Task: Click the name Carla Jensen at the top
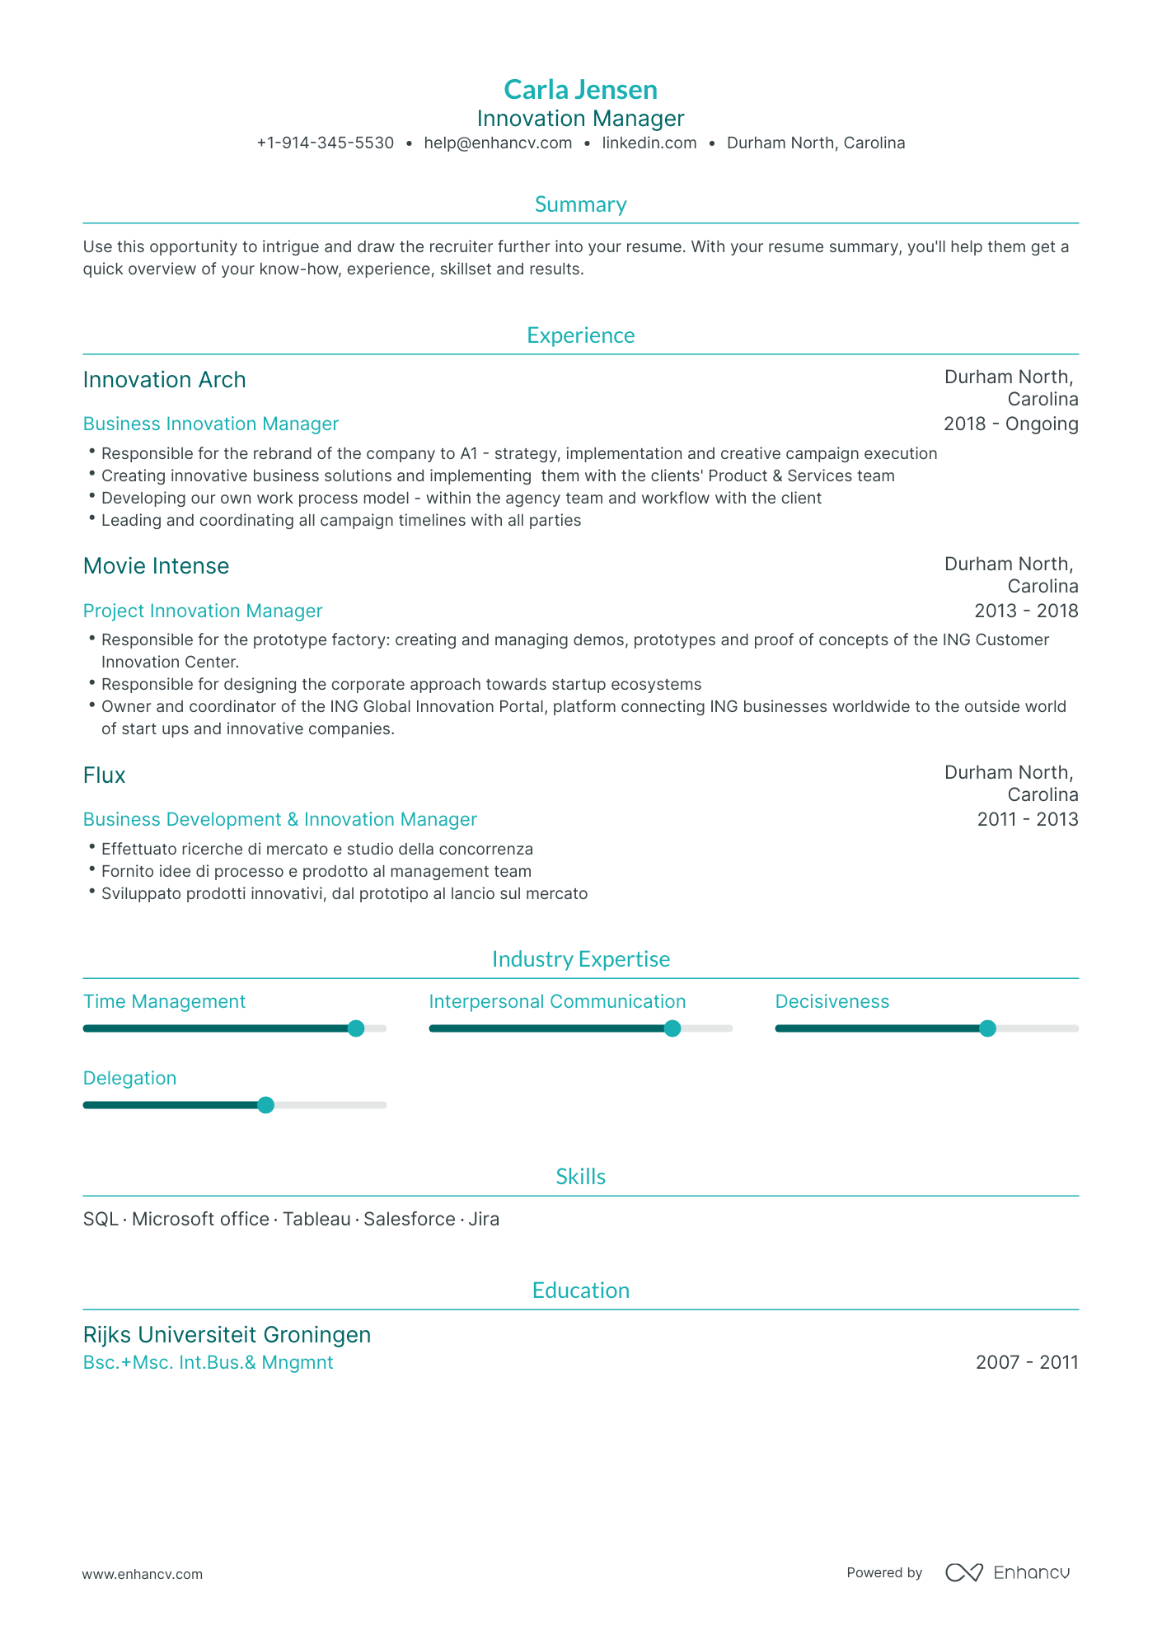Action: (x=580, y=89)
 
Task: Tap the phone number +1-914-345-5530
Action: (x=325, y=143)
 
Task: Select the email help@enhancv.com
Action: (x=498, y=143)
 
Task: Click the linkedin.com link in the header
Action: (x=649, y=143)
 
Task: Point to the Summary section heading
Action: (x=580, y=204)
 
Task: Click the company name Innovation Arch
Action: (x=164, y=380)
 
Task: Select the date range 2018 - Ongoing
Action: (x=1010, y=424)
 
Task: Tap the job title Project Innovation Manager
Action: (x=202, y=611)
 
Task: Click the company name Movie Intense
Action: (x=156, y=566)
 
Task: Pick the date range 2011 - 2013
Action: (x=1027, y=819)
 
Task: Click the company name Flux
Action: (x=104, y=775)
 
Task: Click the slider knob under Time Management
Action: (x=356, y=1028)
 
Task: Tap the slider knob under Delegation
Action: (x=265, y=1105)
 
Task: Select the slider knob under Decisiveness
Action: (x=987, y=1028)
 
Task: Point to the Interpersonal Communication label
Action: (x=557, y=1001)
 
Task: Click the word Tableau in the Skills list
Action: (x=316, y=1219)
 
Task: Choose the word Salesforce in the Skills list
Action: (x=409, y=1219)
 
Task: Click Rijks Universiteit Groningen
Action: (x=227, y=1334)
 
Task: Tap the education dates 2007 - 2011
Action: (x=1026, y=1362)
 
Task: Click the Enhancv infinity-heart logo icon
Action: (x=963, y=1572)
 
